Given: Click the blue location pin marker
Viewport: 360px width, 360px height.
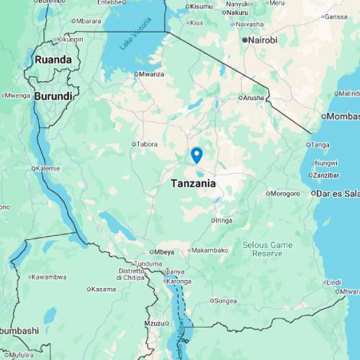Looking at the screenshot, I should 196,155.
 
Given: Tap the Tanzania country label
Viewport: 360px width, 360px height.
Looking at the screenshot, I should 193,184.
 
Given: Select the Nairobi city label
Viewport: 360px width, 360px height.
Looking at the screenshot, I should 261,40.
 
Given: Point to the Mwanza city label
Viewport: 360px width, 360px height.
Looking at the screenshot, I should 151,74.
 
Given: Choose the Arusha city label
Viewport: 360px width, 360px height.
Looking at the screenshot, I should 254,97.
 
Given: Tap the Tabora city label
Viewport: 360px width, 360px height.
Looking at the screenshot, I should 147,144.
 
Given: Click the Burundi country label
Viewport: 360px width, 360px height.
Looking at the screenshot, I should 53,96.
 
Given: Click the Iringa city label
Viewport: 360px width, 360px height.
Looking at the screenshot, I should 223,220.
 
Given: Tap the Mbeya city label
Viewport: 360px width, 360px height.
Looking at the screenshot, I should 163,252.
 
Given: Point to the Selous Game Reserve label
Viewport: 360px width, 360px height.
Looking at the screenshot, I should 267,249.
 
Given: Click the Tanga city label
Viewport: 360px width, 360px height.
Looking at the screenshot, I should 320,145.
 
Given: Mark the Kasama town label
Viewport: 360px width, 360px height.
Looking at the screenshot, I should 103,289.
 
